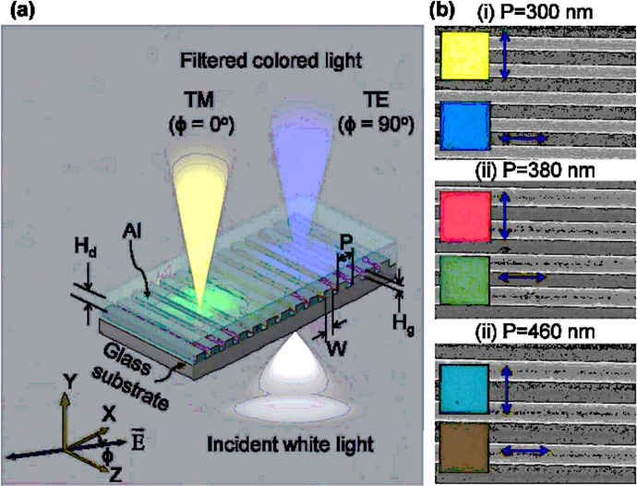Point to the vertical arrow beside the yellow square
tap(505, 56)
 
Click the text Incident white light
tap(291, 444)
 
